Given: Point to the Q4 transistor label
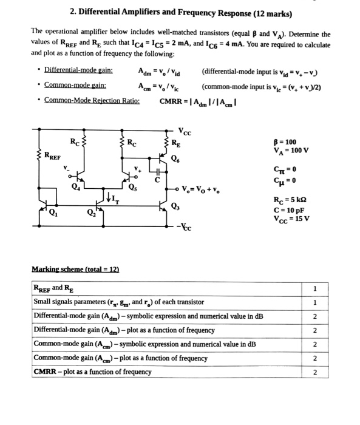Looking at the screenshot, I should pyautogui.click(x=75, y=187).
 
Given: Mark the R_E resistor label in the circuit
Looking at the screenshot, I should pyautogui.click(x=175, y=144).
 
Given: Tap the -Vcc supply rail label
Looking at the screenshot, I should pyautogui.click(x=185, y=228).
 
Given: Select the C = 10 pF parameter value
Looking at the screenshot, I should pyautogui.click(x=287, y=209).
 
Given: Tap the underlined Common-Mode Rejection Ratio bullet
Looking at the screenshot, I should pyautogui.click(x=92, y=100).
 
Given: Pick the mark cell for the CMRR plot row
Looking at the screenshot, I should pyautogui.click(x=314, y=372).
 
